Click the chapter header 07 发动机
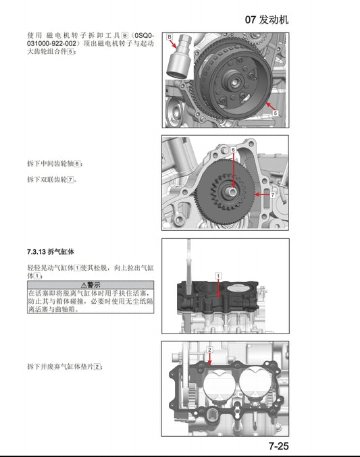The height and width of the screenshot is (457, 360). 266,20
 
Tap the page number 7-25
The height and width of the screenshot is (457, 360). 278,446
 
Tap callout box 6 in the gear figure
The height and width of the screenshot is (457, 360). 233,149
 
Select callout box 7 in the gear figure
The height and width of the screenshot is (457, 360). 273,194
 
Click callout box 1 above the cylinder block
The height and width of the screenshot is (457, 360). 218,275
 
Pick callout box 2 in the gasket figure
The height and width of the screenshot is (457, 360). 210,350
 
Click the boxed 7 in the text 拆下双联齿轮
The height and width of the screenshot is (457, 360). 71,180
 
